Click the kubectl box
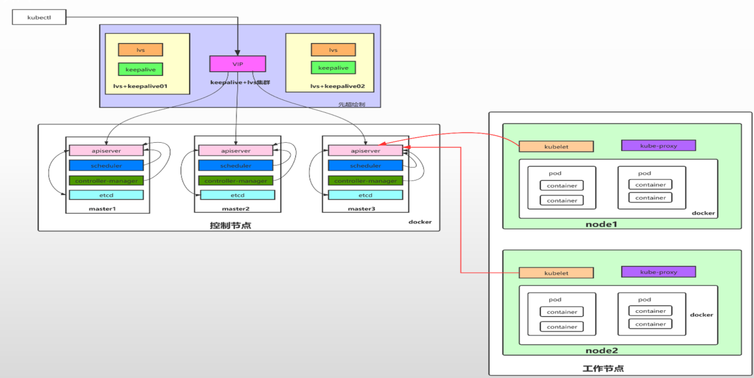(39, 18)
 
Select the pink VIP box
(237, 64)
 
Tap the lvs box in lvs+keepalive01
(140, 50)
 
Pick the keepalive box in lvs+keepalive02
(333, 68)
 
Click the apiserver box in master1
(106, 151)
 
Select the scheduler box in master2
(235, 165)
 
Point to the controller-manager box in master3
(365, 181)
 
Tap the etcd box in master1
(106, 195)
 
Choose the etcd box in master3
(365, 195)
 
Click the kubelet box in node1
(556, 146)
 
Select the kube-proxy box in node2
(658, 272)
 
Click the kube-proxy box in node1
(658, 145)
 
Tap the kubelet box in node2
(556, 273)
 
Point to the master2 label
(235, 209)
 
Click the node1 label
(601, 224)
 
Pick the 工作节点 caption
(603, 369)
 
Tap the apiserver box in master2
(235, 151)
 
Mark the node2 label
(601, 350)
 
